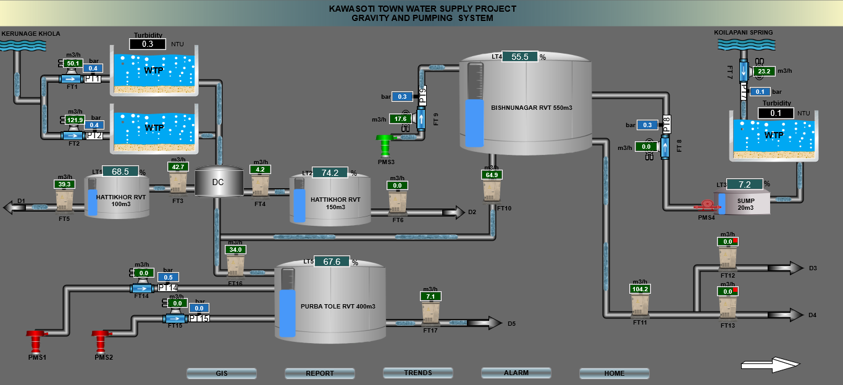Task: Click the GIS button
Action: (x=221, y=373)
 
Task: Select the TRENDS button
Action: (x=417, y=373)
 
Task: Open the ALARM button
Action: (x=516, y=373)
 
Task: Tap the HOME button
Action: (x=614, y=373)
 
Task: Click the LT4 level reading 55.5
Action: (x=520, y=57)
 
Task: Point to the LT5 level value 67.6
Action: (x=332, y=262)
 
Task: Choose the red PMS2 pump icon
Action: (x=103, y=340)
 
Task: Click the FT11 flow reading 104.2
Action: (x=640, y=289)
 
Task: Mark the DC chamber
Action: (x=218, y=182)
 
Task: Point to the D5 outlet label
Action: (x=511, y=323)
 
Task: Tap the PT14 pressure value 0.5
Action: (x=168, y=278)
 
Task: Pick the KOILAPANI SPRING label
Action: (x=743, y=32)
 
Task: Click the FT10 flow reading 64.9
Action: (x=492, y=175)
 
